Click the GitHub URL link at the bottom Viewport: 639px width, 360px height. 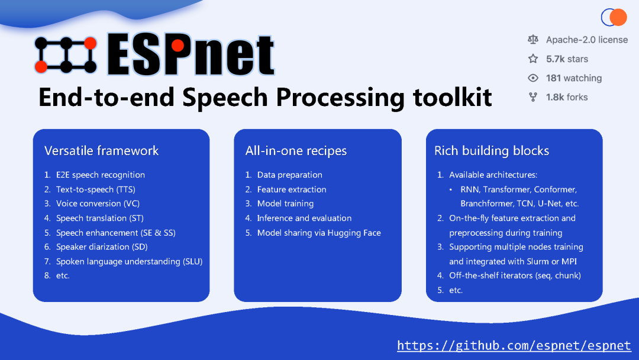514,346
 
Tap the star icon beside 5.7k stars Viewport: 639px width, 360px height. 533,59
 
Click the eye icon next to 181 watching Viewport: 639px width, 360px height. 533,78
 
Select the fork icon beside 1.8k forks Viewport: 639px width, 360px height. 533,97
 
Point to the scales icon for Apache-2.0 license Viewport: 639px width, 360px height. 533,40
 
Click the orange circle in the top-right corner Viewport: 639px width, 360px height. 618,18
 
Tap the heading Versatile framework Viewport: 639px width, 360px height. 101,151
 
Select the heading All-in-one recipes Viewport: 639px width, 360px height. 296,151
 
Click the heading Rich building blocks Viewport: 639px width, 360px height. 492,151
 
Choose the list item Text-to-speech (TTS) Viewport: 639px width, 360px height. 95,189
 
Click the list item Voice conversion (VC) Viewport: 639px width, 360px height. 98,204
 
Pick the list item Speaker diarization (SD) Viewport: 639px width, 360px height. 102,247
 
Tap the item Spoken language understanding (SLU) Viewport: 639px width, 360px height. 129,261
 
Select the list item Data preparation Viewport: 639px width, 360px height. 289,175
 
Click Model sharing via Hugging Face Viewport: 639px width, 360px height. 319,233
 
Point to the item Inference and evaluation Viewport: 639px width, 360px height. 304,218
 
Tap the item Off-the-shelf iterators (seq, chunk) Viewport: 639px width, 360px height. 515,276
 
